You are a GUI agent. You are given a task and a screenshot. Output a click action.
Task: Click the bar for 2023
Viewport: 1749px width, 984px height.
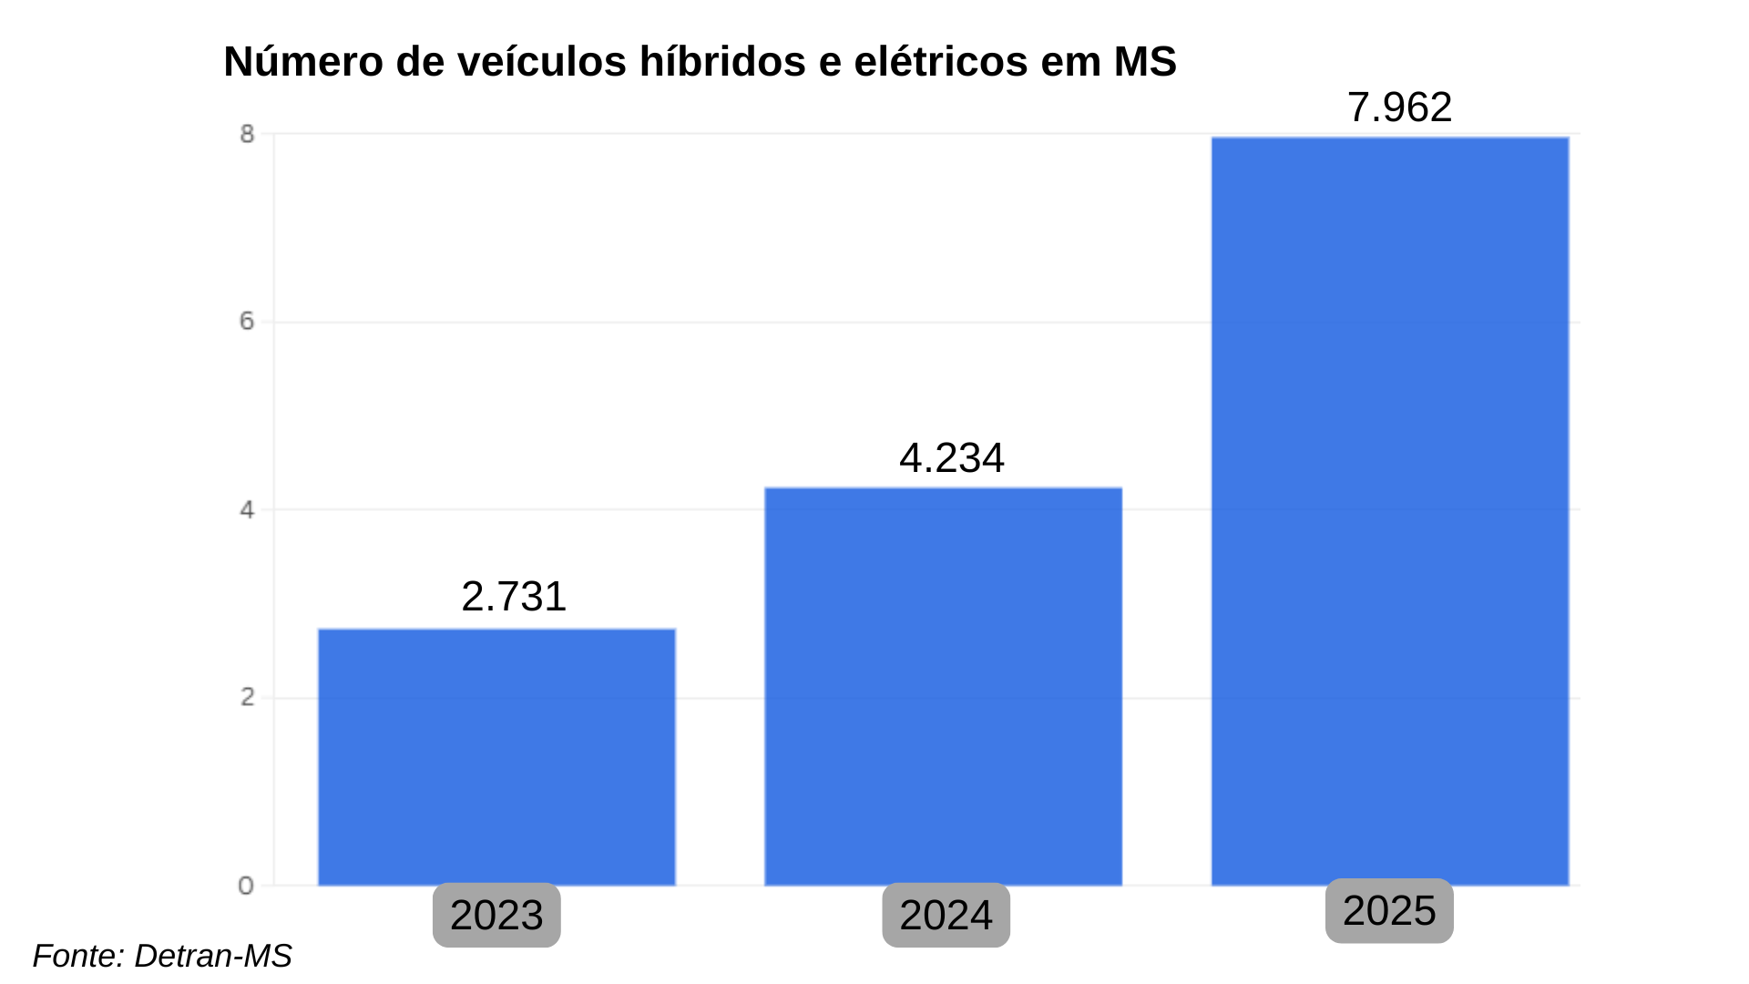496,756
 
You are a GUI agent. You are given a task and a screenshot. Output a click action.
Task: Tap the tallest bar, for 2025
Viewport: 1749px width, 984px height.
1389,510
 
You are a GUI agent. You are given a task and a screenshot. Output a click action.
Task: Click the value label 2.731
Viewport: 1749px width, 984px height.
514,597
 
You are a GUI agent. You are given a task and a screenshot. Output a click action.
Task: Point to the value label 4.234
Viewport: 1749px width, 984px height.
951,458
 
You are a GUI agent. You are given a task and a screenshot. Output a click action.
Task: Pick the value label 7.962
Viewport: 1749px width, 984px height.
1399,108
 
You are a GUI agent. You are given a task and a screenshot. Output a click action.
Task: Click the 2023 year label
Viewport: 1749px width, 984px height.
496,915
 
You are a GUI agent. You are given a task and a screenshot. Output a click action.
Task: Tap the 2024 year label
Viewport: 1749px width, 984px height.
946,915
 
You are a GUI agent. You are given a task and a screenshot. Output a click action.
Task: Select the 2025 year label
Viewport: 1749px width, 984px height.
1389,910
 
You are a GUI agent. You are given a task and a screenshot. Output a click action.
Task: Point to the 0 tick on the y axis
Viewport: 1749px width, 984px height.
246,886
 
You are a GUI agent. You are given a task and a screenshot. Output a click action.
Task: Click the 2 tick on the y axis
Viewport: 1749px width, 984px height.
247,698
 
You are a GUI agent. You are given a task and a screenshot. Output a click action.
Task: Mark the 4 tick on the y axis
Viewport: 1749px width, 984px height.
247,510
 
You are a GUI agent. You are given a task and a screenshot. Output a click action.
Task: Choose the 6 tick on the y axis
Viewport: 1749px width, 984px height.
247,322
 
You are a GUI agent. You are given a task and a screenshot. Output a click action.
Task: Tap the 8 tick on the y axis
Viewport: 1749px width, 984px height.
247,134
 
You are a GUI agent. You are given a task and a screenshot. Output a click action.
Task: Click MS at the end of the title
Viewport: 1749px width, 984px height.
1145,62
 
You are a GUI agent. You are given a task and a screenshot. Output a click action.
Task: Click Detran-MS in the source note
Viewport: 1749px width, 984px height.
213,956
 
